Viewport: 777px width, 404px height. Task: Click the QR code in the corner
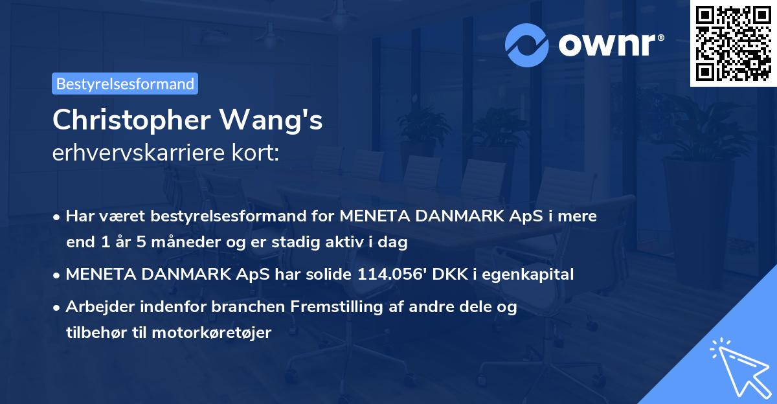(733, 43)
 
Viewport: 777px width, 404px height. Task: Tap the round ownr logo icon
(527, 45)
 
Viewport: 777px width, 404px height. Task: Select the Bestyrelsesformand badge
(125, 84)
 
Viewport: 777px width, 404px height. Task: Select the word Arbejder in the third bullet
(96, 307)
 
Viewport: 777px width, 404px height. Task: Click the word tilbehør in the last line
(95, 333)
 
